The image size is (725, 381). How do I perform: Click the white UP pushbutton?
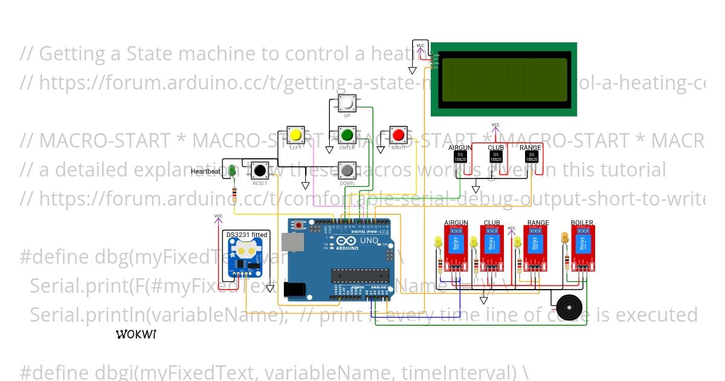coord(347,103)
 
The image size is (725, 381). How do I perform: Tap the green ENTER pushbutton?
coord(346,134)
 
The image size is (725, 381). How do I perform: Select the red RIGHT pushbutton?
coord(398,134)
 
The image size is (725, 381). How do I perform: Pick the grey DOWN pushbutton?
coord(346,169)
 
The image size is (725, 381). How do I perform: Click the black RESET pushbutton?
coord(260,170)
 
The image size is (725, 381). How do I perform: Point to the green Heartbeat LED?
coord(233,172)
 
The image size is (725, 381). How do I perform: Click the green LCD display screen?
coord(503,79)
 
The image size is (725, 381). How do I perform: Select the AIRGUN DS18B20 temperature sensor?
coord(460,156)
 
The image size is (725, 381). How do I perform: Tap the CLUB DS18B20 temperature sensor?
coord(495,156)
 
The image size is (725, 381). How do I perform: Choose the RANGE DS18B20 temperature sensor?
coord(530,156)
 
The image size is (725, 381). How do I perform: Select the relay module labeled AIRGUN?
coord(456,247)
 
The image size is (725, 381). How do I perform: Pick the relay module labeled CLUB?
coord(492,247)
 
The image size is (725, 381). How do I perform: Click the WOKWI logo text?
coord(136,334)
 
